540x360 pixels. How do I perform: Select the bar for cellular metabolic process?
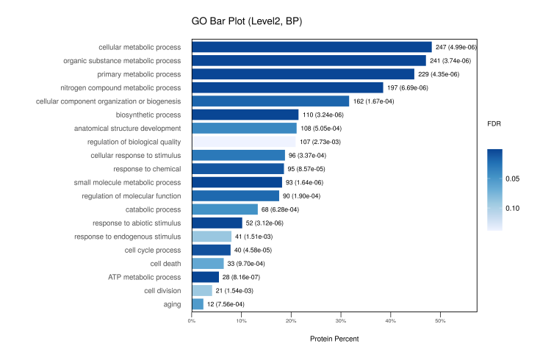coord(312,47)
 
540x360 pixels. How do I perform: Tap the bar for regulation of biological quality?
coord(243,142)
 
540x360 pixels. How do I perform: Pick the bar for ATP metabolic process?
coord(205,277)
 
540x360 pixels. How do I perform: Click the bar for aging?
coord(198,304)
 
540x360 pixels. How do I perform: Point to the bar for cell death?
coord(208,264)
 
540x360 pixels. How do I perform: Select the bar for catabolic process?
coord(225,209)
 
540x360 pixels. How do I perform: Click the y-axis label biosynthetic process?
coord(148,115)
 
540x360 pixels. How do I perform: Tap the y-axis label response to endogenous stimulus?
coord(128,237)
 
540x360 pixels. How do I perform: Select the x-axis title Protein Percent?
coord(334,339)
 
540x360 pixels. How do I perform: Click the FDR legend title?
coord(494,124)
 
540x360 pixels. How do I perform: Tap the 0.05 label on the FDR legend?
coord(512,179)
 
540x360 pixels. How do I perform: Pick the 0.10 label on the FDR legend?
coord(512,209)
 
